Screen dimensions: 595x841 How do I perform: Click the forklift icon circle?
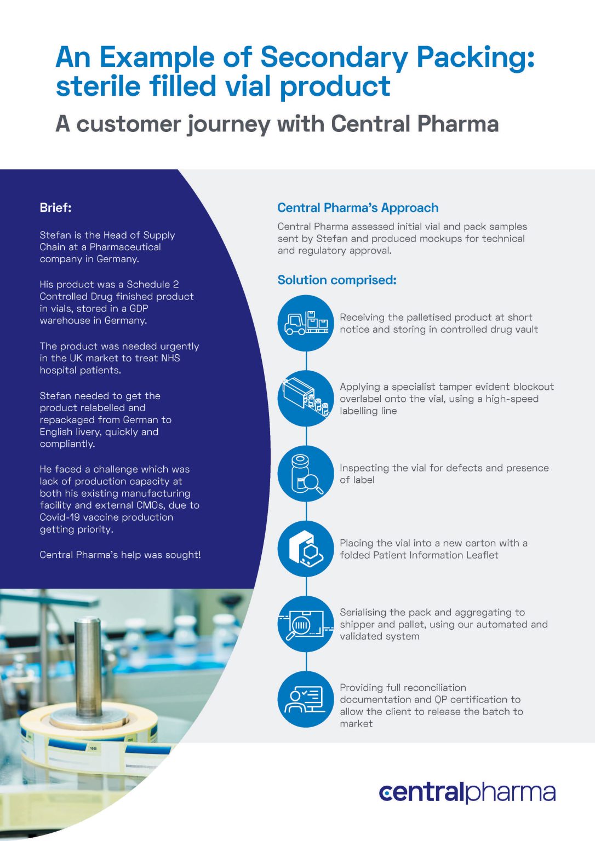pyautogui.click(x=306, y=323)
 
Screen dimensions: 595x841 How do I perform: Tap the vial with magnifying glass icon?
pyautogui.click(x=306, y=474)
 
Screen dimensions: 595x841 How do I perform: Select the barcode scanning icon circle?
pyautogui.click(x=306, y=624)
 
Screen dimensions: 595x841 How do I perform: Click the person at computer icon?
pyautogui.click(x=306, y=699)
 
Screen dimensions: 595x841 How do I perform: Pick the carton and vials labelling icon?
pyautogui.click(x=306, y=398)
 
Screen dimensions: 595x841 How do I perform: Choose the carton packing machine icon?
pyautogui.click(x=306, y=549)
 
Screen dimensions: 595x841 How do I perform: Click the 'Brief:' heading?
pyautogui.click(x=55, y=208)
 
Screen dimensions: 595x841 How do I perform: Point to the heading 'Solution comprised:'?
pyautogui.click(x=337, y=280)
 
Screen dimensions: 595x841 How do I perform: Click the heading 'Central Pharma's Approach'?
pyautogui.click(x=358, y=208)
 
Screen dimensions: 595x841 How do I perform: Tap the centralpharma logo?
pyautogui.click(x=467, y=792)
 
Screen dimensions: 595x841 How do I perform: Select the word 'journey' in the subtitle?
pyautogui.click(x=229, y=125)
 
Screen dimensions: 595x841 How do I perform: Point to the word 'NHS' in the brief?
pyautogui.click(x=170, y=358)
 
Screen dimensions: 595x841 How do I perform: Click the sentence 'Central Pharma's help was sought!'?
pyautogui.click(x=120, y=555)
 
